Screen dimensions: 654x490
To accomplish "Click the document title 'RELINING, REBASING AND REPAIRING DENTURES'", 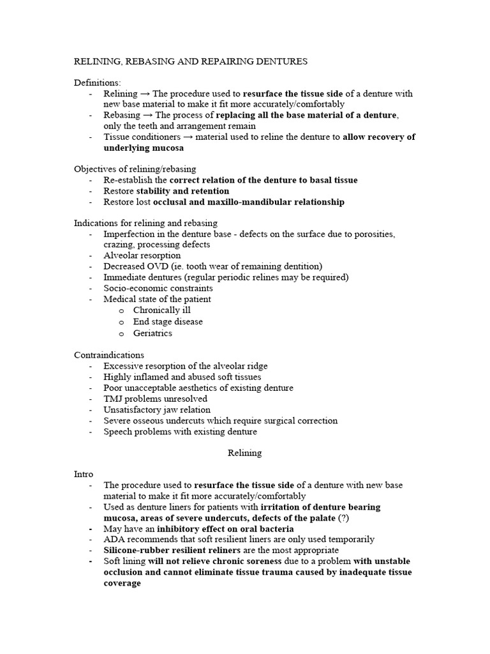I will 191,62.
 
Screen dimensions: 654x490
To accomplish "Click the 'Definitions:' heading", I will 97,82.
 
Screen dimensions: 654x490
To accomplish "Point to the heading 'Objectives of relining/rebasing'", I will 135,169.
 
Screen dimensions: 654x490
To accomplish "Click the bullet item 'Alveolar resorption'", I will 142,255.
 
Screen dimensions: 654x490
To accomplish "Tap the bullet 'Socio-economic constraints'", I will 158,288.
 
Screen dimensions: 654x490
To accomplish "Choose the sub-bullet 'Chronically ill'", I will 161,310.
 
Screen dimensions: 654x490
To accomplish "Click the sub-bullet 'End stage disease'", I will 168,321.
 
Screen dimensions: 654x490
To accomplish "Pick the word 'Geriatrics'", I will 152,333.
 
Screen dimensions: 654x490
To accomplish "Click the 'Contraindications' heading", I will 109,354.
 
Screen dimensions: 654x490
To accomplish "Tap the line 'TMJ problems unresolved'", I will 155,399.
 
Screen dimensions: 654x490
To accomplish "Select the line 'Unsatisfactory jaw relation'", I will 157,409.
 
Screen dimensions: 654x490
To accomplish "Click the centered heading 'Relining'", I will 244,453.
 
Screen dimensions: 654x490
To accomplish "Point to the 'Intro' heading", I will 84,475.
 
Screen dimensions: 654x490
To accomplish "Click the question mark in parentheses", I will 344,518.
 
